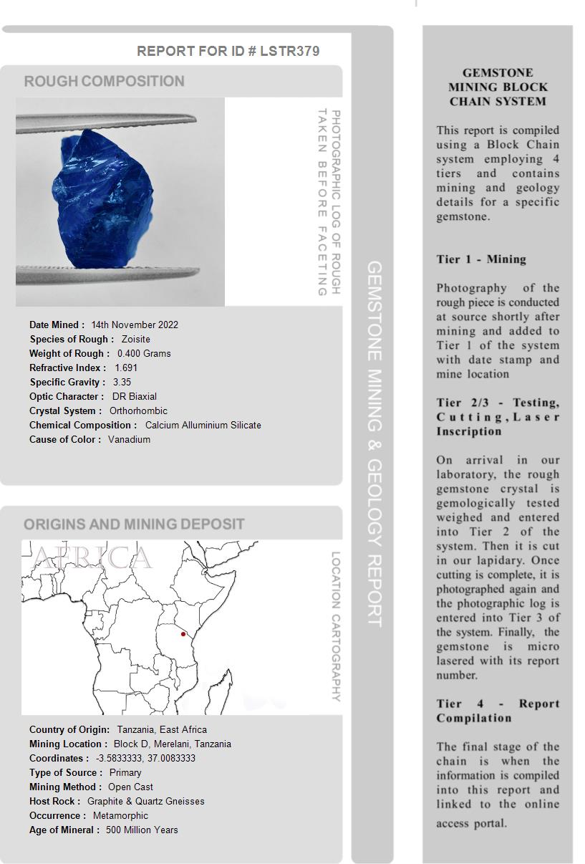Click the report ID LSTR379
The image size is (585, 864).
point(289,51)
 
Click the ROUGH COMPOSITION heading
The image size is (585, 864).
point(105,81)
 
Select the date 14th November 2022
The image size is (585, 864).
point(135,325)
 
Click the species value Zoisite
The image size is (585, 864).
point(136,339)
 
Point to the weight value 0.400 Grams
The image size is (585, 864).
point(144,353)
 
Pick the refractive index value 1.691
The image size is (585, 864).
point(126,368)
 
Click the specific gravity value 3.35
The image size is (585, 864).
point(122,382)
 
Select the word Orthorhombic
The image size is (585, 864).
point(138,411)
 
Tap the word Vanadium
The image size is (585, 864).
point(129,439)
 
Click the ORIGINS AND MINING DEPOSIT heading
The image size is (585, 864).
point(134,524)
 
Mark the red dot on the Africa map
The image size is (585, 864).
point(183,634)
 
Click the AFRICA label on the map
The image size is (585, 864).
point(92,557)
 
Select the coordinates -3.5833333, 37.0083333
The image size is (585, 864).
point(145,758)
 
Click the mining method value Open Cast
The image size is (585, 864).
point(130,787)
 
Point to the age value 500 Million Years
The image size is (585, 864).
point(142,830)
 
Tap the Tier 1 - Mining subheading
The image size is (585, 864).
point(481,259)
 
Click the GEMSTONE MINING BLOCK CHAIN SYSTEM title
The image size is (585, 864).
point(498,87)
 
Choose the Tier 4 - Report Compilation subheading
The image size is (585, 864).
point(498,711)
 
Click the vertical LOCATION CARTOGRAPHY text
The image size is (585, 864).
point(335,626)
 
